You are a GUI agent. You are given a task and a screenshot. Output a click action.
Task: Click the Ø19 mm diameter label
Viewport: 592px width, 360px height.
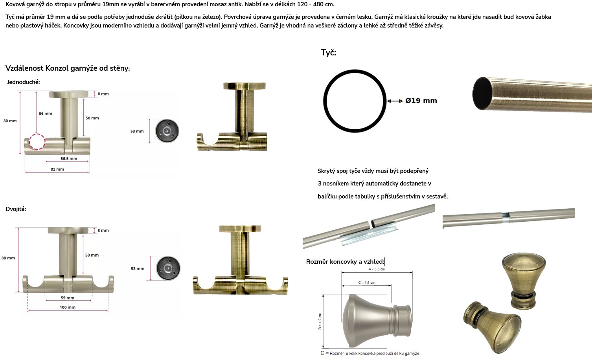421,101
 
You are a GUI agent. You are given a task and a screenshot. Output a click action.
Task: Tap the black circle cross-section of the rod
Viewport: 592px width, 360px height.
355,71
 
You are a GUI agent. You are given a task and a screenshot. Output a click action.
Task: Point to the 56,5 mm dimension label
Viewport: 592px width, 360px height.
69,159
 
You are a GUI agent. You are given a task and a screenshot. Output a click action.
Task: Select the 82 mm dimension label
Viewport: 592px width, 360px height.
57,169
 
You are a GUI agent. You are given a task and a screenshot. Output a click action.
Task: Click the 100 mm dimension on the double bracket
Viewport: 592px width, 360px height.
67,307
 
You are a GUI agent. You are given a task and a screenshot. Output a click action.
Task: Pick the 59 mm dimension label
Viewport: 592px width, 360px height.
67,298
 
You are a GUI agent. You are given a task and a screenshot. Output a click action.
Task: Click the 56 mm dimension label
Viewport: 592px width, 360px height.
46,114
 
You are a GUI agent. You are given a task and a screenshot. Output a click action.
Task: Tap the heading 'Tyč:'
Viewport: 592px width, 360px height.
329,53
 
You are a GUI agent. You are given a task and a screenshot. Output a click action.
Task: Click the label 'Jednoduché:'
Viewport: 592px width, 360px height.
23,82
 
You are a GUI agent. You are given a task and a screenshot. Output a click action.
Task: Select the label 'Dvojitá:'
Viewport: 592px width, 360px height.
16,209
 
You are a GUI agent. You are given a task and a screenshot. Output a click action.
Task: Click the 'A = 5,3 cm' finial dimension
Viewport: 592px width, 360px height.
377,269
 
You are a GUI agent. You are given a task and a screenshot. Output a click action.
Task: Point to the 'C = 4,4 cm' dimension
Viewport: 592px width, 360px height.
367,283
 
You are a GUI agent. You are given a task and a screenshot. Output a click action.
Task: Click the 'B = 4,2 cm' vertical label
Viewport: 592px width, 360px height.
320,321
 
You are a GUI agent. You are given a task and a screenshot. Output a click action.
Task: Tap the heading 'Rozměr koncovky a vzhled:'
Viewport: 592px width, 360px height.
345,262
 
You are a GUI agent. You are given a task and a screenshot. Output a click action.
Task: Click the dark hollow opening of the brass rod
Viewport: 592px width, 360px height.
483,93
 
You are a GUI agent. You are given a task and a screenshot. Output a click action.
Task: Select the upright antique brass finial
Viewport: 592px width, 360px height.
524,281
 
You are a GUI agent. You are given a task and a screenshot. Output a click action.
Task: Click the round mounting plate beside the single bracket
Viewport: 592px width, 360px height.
167,131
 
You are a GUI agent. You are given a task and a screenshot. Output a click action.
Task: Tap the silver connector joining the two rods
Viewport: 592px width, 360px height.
506,215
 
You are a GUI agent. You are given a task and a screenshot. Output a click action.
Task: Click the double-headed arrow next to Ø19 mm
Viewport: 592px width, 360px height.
395,101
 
